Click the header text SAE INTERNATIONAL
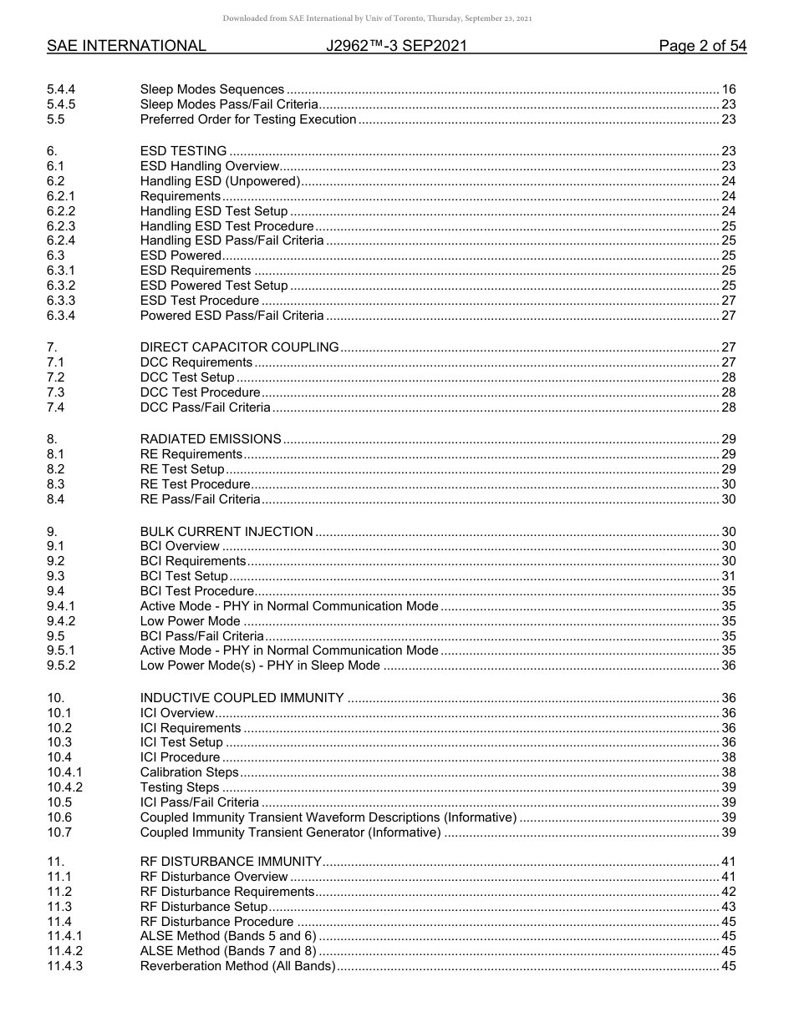[x=126, y=47]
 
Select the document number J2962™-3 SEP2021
[x=396, y=47]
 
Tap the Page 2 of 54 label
[x=702, y=47]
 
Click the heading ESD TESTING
[x=183, y=151]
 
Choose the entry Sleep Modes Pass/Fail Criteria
[x=228, y=104]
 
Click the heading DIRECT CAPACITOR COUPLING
[x=239, y=347]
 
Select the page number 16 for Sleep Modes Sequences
[x=728, y=89]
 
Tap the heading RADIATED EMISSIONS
[x=211, y=439]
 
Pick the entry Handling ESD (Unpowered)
[x=220, y=181]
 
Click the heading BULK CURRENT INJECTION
[x=226, y=532]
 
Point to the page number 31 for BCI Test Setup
[x=728, y=576]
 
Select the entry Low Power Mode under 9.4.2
[x=190, y=621]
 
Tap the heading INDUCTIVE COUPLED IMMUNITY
[x=242, y=698]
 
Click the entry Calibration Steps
[x=189, y=772]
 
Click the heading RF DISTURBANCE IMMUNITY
[x=231, y=862]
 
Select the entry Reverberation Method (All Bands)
[x=237, y=966]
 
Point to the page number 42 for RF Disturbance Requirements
[x=728, y=892]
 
